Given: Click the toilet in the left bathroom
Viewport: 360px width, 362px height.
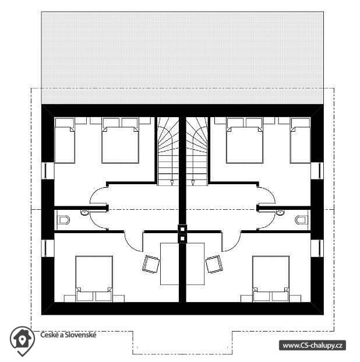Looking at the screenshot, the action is pos(64,220).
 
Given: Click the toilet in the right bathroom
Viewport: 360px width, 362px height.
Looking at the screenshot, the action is pos(301,220).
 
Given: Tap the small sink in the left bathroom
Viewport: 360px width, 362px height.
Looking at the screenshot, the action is pos(84,212).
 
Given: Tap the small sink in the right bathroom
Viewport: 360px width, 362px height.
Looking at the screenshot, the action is pos(280,212).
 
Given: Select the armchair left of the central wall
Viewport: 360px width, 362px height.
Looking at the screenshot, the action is pos(151,264).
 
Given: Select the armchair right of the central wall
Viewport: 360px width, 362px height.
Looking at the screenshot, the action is pos(214,264).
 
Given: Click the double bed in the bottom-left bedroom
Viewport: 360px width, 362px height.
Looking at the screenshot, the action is pos(94,279).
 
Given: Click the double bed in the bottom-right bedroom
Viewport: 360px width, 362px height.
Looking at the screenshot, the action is pos(271,279).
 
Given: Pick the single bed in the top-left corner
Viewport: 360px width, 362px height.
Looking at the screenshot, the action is pos(65,140).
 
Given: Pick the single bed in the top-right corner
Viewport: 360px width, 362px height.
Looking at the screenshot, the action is pos(300,140).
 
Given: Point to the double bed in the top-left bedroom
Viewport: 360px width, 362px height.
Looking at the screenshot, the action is pos(120,140).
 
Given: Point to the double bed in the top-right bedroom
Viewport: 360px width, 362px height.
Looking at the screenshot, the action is pos(245,140).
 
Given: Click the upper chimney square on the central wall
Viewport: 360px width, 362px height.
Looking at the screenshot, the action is pos(182,229).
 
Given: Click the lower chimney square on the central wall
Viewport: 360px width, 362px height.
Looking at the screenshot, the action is pos(182,238).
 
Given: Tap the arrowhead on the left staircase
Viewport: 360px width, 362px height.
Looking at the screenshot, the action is pos(172,182).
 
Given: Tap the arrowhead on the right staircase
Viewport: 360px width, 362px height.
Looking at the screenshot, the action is pos(193,182).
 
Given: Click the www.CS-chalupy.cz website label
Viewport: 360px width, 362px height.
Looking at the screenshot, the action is pos(312,345).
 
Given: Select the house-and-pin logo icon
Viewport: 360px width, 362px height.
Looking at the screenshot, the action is pos(22,340).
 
